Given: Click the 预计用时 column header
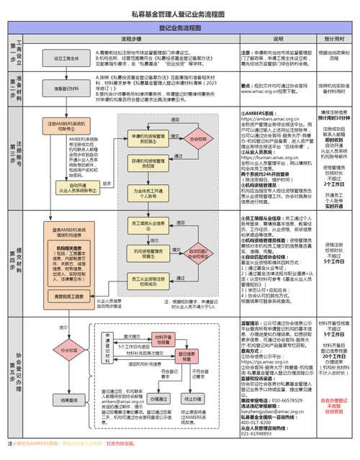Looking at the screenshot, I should pyautogui.click(x=333, y=39).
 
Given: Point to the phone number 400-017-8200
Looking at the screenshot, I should pyautogui.click(x=258, y=423).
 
